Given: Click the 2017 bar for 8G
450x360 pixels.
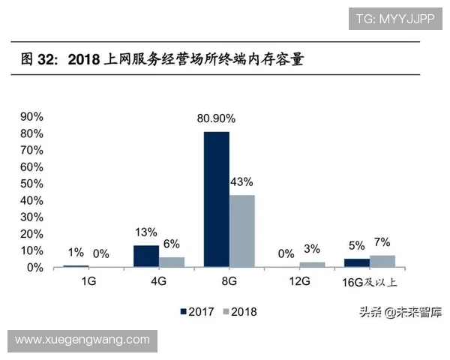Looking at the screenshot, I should [217, 199].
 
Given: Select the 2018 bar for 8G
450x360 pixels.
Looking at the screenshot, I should [242, 231].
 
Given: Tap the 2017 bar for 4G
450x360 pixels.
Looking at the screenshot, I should [146, 256].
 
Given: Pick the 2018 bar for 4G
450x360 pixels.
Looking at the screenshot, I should [172, 262].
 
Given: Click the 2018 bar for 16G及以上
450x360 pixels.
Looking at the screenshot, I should [382, 261].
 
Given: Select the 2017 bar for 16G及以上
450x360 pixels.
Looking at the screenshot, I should [357, 262].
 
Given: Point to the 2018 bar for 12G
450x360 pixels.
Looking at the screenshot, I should [312, 264].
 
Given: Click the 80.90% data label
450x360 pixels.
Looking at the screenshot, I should [216, 118].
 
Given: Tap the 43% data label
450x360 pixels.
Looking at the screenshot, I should [241, 181].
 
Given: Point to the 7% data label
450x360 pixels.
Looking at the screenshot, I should [382, 242].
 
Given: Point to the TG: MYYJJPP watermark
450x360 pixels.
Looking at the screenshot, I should [394, 18].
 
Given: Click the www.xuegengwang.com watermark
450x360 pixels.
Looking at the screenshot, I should [82, 340].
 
